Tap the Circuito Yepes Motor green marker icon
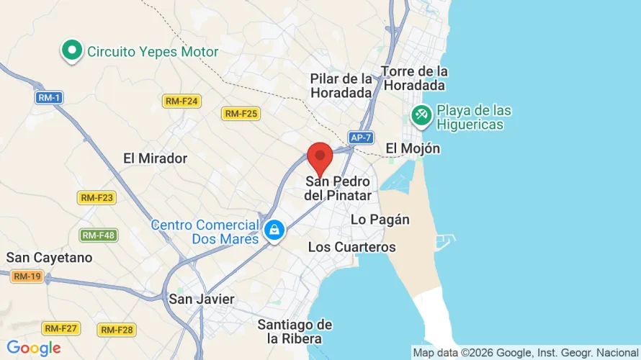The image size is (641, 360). pos(71,51)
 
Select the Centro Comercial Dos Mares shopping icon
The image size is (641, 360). pos(274,230)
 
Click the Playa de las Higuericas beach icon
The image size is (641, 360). pos(421,114)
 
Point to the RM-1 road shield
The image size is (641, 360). pos(48,97)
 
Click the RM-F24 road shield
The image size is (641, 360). pos(181,102)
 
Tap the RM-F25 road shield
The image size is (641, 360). pos(241,114)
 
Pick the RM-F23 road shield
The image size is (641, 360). pos(97,197)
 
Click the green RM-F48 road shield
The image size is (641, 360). pos(99,235)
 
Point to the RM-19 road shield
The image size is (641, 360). pos(28,276)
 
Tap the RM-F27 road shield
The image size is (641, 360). pos(60,328)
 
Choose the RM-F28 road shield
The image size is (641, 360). pos(116,330)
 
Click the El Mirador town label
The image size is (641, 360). pos(155,158)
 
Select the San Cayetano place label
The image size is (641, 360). pos(49,257)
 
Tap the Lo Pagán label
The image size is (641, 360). pos(380,220)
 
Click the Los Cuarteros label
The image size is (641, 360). pos(351,247)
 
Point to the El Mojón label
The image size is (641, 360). pos(412,148)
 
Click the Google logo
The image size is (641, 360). pos(34,348)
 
